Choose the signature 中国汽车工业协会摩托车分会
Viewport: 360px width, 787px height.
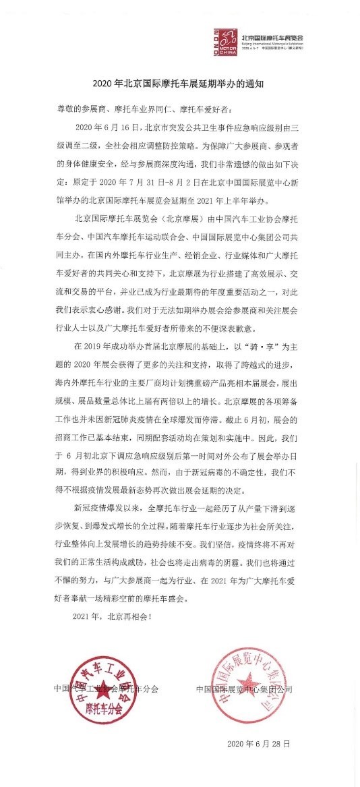tap(107, 689)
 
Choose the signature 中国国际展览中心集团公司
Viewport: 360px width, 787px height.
tap(245, 689)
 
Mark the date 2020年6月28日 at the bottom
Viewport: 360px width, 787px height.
tap(259, 745)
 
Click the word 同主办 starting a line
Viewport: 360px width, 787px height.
tap(67, 235)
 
